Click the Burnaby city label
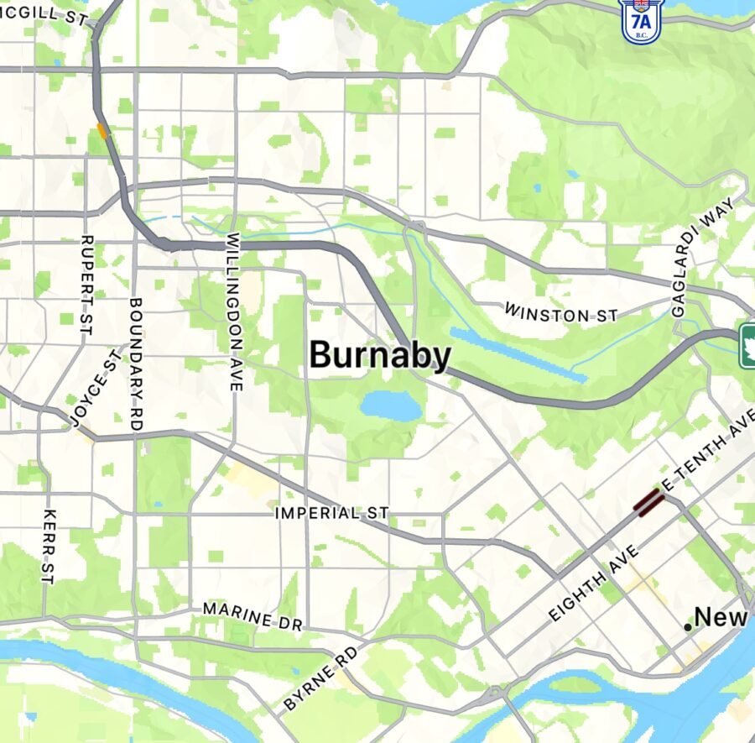[380, 355]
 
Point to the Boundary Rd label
[137, 364]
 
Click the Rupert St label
[85, 285]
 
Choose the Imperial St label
[332, 512]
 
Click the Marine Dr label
[253, 617]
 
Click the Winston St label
[560, 314]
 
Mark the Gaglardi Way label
[703, 256]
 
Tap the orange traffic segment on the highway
[103, 131]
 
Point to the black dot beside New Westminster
[688, 627]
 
